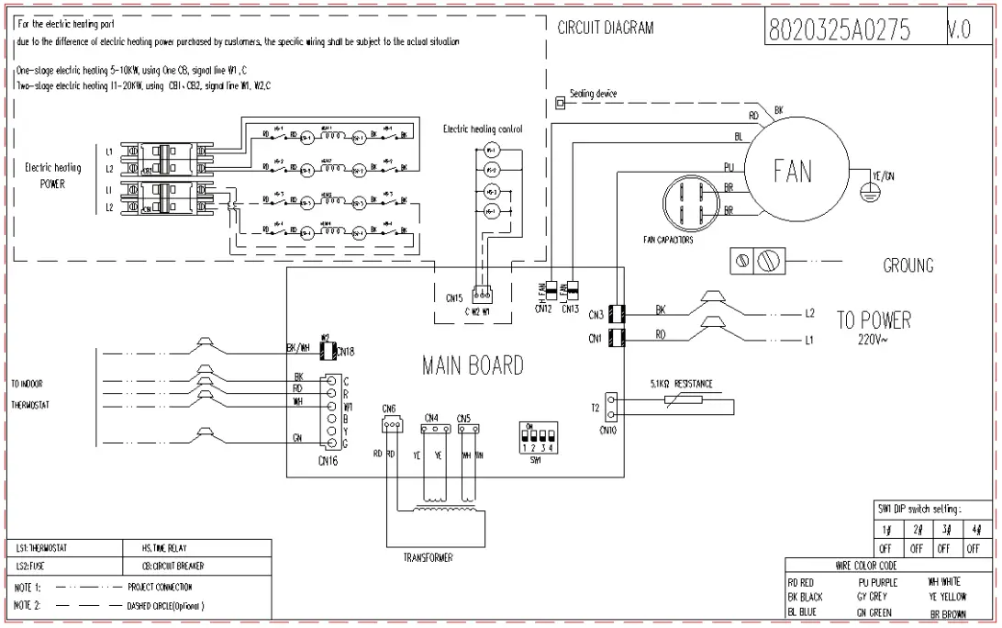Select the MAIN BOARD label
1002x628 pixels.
click(x=473, y=365)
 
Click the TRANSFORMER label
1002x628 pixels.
click(x=429, y=557)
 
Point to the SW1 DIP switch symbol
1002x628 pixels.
click(x=537, y=436)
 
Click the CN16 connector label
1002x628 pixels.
click(x=328, y=460)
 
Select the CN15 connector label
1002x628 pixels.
click(x=454, y=298)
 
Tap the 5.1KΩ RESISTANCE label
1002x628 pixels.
click(x=680, y=384)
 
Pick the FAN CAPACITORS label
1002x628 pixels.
click(x=668, y=240)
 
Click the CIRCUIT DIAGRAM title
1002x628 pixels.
click(x=606, y=28)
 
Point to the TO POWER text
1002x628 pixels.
click(x=874, y=320)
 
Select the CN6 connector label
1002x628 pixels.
click(x=388, y=409)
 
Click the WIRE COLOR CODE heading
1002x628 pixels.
click(x=866, y=566)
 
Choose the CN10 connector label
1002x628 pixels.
click(x=607, y=429)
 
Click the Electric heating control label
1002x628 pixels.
click(x=483, y=129)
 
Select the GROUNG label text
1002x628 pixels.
click(x=907, y=266)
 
